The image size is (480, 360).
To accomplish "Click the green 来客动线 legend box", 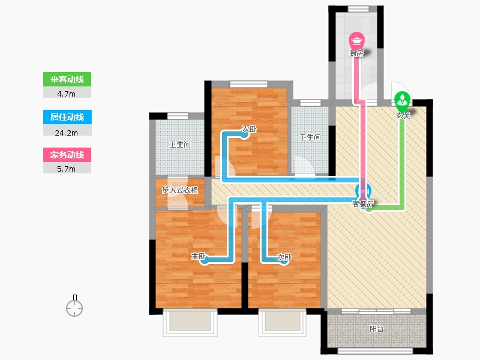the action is (x=67, y=79).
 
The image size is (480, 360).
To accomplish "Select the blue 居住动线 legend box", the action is (x=67, y=117).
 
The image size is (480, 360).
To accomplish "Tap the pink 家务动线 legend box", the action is (x=67, y=155).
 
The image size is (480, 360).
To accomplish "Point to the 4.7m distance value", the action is (x=67, y=94).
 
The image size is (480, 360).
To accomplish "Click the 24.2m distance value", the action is (x=67, y=133).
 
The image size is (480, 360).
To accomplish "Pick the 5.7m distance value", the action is (x=67, y=169).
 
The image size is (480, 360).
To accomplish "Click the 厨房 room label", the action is (x=356, y=53).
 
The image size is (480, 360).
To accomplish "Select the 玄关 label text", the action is (x=403, y=116).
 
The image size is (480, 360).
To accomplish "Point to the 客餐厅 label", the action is (x=363, y=204).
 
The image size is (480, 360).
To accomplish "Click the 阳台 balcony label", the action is (x=377, y=329).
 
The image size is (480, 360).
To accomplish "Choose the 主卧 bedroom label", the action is (x=199, y=256).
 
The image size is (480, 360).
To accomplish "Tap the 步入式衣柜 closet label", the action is (x=180, y=190).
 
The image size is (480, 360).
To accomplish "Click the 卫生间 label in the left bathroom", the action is (x=180, y=145).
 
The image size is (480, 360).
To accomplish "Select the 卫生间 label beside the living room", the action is (x=310, y=137).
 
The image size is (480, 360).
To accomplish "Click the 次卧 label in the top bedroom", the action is (x=249, y=129).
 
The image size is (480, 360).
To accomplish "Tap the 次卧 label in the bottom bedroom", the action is (x=284, y=257).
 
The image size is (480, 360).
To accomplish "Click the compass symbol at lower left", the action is (x=74, y=306).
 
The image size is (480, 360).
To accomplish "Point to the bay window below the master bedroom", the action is (x=190, y=323).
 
